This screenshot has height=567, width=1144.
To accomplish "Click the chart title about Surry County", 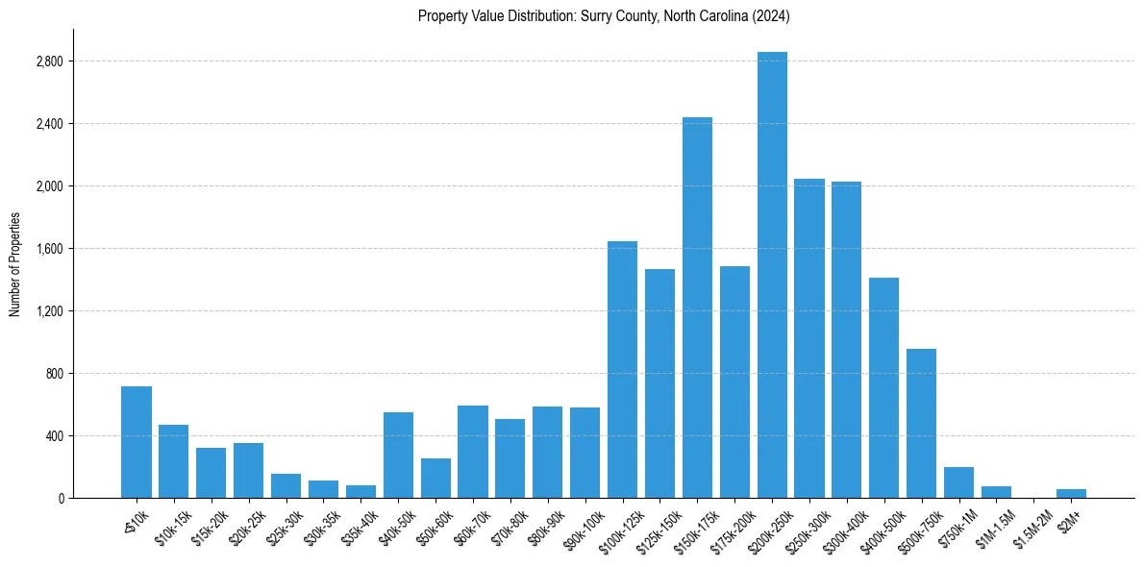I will click(604, 16).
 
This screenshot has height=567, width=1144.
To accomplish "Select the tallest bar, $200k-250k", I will click(772, 275).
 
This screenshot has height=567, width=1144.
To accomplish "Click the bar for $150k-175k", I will click(697, 308).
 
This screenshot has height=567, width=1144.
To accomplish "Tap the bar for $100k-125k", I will click(622, 370).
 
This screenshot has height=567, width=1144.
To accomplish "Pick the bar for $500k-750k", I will click(922, 423).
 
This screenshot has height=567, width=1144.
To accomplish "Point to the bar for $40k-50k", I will click(398, 456).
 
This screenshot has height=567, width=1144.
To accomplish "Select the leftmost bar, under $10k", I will click(137, 442).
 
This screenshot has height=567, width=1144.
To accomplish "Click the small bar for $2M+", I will click(1071, 493).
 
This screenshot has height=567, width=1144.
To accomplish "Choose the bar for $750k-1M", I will click(958, 482).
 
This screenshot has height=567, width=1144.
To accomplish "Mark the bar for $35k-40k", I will click(361, 491).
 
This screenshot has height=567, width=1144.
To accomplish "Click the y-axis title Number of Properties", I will click(15, 264).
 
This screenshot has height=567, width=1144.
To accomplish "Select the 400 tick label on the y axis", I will click(54, 436).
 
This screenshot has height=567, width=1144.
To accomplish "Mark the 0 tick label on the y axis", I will click(61, 499).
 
